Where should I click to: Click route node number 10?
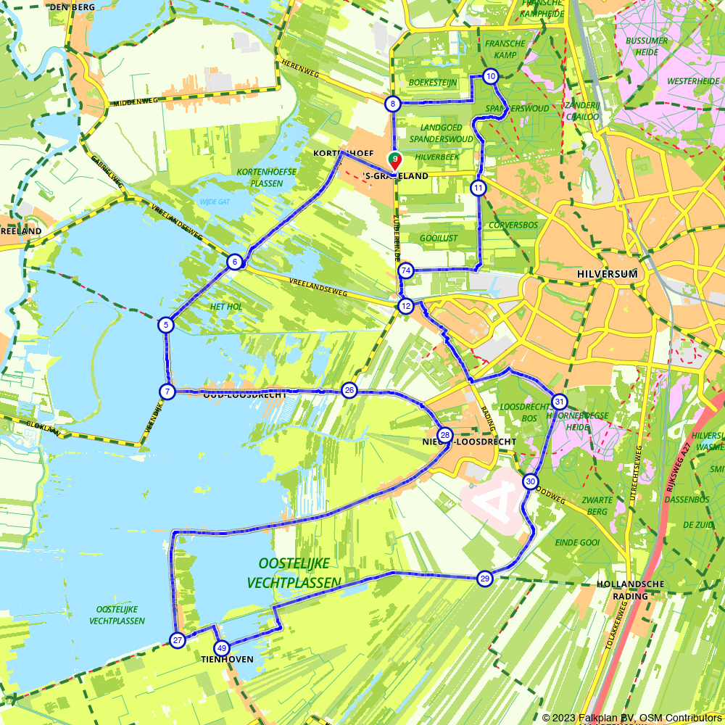491,76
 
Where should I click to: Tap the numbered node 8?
393,104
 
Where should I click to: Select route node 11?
478,188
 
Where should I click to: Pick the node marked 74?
406,270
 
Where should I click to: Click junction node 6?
234,262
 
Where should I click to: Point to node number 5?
167,325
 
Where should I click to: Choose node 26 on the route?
349,391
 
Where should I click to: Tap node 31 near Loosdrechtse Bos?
559,402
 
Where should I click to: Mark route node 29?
485,578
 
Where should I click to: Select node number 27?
178,639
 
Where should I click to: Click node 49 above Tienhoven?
222,648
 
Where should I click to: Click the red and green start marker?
394,160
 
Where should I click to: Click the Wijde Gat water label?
215,202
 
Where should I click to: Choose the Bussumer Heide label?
642,46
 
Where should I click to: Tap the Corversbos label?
513,225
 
